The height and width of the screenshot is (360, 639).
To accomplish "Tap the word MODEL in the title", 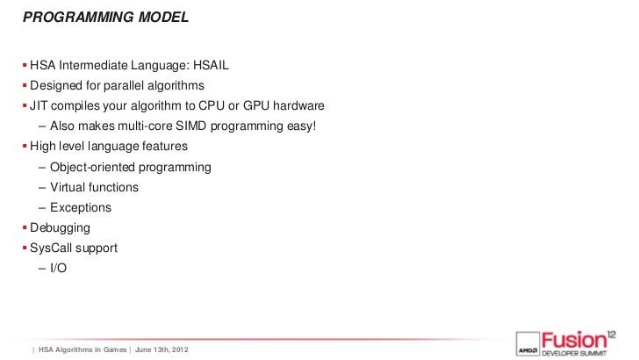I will coord(160,15).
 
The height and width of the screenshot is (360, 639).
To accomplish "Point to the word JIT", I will coord(40,105).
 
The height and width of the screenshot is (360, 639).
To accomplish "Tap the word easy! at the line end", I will coord(297,126).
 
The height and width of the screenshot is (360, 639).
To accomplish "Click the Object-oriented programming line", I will coord(130,167).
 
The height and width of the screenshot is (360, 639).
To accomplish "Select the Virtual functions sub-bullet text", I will coord(94,187).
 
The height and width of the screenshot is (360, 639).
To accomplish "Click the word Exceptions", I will coord(81,208).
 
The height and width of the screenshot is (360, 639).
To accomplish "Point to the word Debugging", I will coord(60,228).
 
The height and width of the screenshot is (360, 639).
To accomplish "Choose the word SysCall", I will coord(54,248).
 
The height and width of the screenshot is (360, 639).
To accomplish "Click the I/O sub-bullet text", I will coord(58,269).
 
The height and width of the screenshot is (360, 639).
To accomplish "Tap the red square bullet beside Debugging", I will coord(25,228).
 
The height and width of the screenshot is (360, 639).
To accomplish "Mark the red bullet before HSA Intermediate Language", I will coord(25,66).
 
